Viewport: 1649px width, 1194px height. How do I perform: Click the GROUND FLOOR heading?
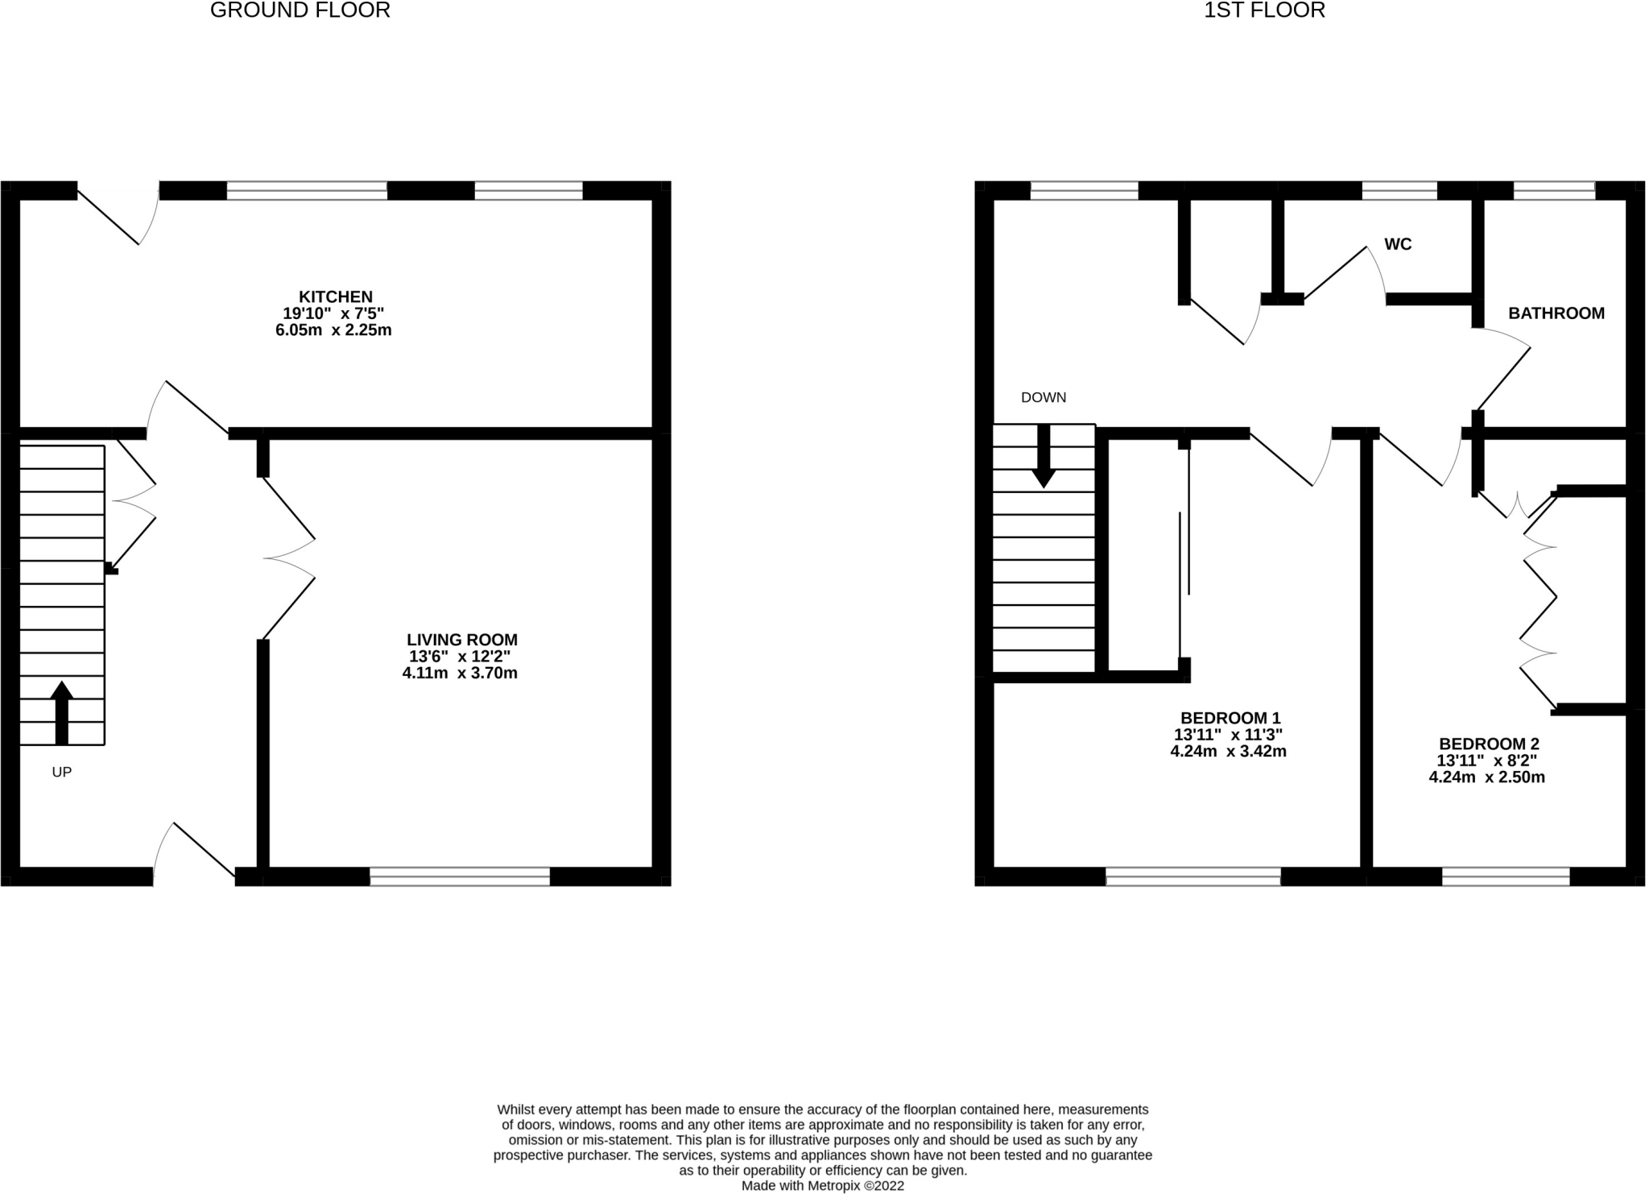click(300, 10)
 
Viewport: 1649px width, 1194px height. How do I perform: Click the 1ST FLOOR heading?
click(1264, 10)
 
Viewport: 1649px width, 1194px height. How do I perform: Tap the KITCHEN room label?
click(336, 296)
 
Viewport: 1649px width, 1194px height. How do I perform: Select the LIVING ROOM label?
click(461, 640)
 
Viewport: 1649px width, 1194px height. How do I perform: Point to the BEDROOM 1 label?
click(1230, 718)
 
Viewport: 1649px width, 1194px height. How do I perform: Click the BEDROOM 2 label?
click(1489, 744)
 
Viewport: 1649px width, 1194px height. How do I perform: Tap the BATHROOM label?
click(1556, 313)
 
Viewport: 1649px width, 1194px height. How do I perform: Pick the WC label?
click(1398, 244)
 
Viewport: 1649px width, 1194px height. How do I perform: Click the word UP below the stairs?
click(62, 772)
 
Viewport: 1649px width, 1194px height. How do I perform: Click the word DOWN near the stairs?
click(1043, 397)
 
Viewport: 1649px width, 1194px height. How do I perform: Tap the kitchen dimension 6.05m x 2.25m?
click(333, 330)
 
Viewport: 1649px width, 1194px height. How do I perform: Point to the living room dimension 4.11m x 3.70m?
click(460, 673)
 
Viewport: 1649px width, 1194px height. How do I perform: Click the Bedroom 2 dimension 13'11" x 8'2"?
click(1487, 761)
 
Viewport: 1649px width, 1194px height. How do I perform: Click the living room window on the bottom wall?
click(460, 877)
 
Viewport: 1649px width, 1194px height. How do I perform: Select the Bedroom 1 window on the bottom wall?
click(1193, 877)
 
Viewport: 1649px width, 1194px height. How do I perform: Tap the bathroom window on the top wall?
click(1554, 191)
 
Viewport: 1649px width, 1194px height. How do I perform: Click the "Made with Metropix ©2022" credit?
click(823, 1186)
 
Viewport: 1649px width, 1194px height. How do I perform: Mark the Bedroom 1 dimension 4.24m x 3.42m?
click(1228, 752)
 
